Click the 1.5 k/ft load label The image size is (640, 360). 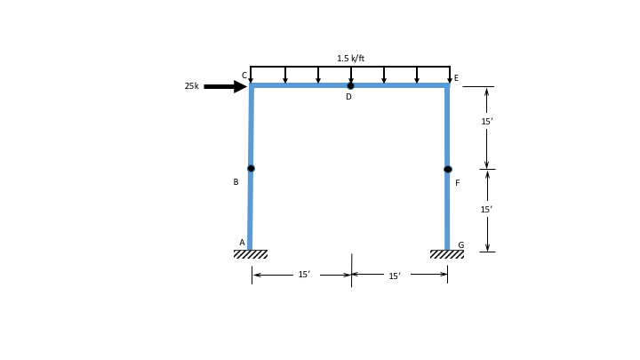350,59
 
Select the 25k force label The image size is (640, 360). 191,86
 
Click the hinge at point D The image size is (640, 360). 350,86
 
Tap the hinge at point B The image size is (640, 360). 251,168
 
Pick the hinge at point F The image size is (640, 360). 448,169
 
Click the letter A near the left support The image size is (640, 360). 242,243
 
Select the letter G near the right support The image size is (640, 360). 460,245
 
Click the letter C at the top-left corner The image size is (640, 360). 244,76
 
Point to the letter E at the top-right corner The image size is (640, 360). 456,78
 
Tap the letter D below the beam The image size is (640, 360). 348,97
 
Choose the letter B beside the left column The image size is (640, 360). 236,182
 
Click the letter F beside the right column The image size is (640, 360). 458,183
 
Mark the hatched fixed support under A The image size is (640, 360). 251,254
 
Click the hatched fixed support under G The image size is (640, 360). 447,254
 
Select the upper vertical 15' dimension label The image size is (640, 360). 486,122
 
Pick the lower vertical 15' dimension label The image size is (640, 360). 486,210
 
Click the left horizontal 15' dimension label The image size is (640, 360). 304,275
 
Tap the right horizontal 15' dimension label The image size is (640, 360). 395,276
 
